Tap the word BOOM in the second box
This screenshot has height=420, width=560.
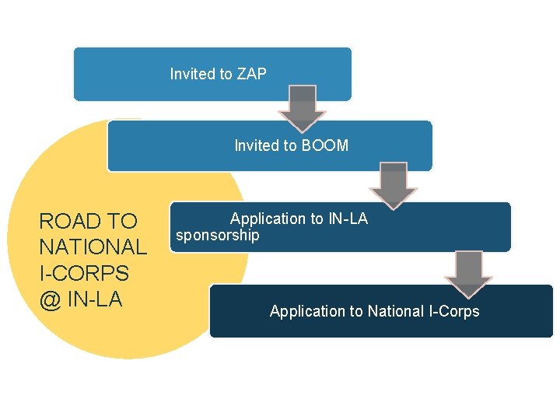click(x=324, y=145)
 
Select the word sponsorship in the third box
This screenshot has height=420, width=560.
click(x=218, y=235)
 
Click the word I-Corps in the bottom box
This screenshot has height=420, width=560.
click(x=454, y=311)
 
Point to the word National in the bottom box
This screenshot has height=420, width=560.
click(x=396, y=311)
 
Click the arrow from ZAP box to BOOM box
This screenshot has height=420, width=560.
click(x=303, y=109)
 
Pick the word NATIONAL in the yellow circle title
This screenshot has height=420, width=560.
click(x=93, y=247)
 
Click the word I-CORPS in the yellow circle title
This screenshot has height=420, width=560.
click(x=84, y=274)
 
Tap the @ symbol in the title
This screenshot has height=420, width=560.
click(x=50, y=299)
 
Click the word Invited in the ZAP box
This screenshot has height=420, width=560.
click(x=192, y=74)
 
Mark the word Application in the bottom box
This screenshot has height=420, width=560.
click(x=307, y=311)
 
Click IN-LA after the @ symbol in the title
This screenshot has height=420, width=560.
click(x=96, y=299)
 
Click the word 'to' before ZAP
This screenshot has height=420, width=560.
click(x=226, y=74)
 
